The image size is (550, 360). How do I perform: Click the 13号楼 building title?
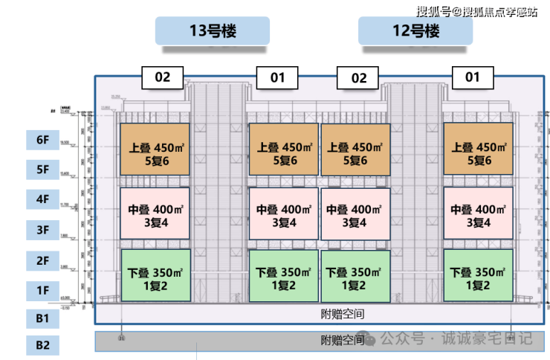212,32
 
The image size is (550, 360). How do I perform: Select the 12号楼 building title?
415,32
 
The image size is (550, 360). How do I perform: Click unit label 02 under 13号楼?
163,77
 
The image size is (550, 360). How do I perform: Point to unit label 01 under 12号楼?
473,77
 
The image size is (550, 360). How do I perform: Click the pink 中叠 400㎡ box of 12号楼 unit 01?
478,213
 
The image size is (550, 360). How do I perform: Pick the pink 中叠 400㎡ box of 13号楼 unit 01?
282,213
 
